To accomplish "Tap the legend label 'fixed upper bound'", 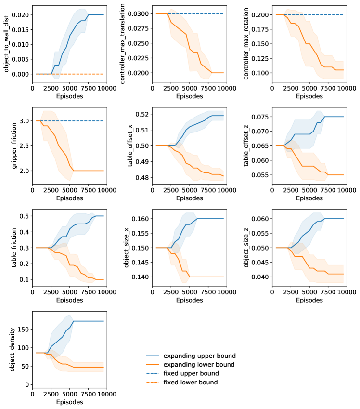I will point(191,373).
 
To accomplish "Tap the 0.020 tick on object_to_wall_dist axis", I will point(21,15).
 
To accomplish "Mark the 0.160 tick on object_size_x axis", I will point(143,219).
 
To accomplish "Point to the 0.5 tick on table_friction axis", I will point(25,216).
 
